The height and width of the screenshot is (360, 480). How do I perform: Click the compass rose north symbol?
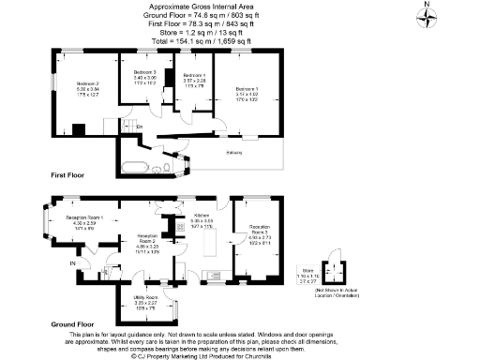pos(428,18)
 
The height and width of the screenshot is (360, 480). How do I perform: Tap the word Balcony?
pos(234,152)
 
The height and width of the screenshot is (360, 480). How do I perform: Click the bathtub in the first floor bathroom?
pos(132,170)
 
